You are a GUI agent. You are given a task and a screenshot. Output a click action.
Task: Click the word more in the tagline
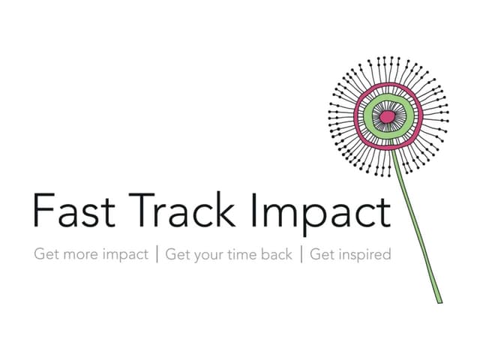pyautogui.click(x=82, y=254)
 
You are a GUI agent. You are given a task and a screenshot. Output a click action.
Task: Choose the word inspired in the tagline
pyautogui.click(x=364, y=255)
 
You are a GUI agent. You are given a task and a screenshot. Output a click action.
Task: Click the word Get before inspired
pyautogui.click(x=322, y=254)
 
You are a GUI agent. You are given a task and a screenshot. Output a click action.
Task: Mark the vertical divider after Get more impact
pyautogui.click(x=157, y=254)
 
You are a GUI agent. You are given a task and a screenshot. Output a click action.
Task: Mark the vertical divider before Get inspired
pyautogui.click(x=301, y=254)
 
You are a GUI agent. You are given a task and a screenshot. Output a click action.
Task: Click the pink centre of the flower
pyautogui.click(x=387, y=117)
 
